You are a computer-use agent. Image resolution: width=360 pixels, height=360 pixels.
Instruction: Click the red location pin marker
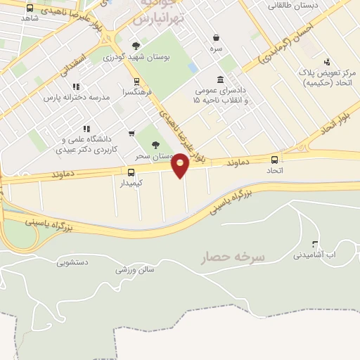point(181,165)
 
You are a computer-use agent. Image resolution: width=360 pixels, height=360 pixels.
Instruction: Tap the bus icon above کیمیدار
point(131,172)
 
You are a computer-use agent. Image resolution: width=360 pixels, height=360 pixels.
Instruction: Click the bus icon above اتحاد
point(274,160)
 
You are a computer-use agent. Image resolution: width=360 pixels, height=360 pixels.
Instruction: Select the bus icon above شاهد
point(30,8)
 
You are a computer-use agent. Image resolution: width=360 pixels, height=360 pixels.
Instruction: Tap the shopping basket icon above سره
point(215,38)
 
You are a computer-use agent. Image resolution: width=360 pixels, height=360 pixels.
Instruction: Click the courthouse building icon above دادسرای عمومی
point(221,79)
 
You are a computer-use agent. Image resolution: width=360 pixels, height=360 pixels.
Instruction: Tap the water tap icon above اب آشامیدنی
point(314,243)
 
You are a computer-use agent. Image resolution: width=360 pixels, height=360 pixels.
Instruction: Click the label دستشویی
point(71,262)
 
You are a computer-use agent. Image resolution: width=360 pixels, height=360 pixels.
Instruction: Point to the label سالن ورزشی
point(134,269)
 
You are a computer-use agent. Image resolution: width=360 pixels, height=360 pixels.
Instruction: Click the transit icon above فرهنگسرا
point(136,81)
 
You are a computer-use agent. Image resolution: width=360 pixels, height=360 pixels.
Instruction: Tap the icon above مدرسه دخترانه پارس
point(76,86)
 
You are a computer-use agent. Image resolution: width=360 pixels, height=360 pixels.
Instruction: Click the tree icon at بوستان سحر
point(155,144)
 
